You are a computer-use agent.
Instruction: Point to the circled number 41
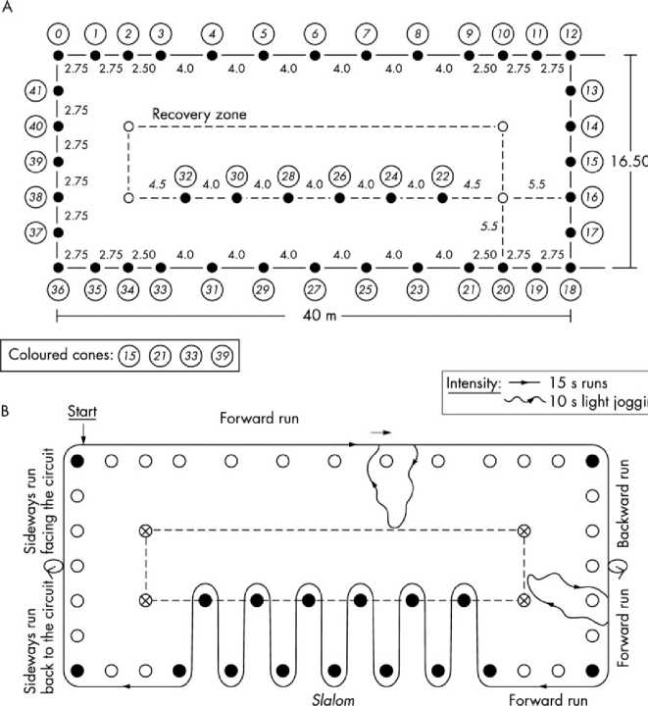tap(35, 91)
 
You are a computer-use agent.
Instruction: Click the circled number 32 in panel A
tap(184, 175)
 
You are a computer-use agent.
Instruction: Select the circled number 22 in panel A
tap(442, 175)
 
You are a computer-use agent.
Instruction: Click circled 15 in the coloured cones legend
tap(128, 351)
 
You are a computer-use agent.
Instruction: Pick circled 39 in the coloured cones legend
tap(221, 351)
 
